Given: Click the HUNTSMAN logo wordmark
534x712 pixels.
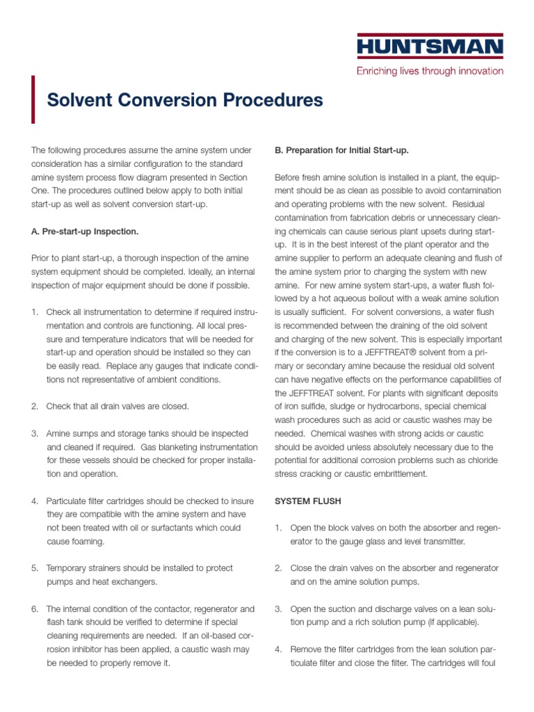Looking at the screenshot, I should (x=430, y=48).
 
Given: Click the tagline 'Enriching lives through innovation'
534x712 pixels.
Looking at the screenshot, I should (x=430, y=71).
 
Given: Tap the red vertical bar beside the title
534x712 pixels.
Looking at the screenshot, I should (x=33, y=99).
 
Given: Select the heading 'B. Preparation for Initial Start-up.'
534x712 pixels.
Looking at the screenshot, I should (x=342, y=149).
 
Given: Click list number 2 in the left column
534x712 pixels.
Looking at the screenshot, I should (x=35, y=406).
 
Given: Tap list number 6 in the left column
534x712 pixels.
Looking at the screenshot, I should (x=35, y=609).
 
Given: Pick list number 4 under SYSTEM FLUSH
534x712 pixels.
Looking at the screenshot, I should (x=278, y=649).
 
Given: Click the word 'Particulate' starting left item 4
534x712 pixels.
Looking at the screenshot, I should (x=67, y=501).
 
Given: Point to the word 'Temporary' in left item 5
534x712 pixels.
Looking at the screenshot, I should (x=68, y=568).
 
